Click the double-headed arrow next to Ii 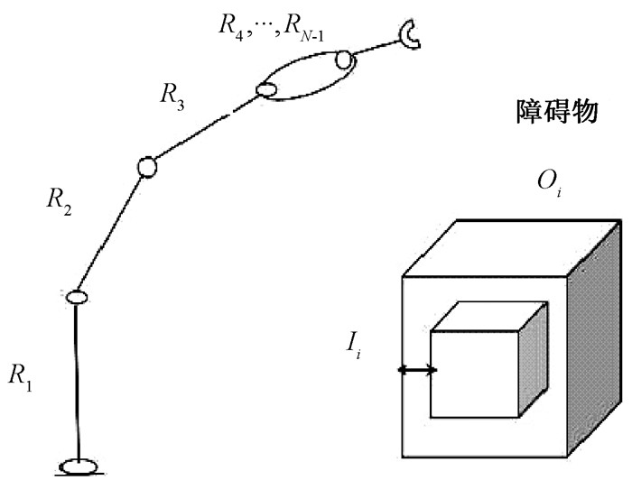[418, 369]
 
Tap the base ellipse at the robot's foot [81, 466]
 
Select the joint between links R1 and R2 [77, 296]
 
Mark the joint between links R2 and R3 [147, 166]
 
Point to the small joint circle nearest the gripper [344, 60]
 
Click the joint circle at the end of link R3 [265, 89]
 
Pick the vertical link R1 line [79, 379]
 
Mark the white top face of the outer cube [506, 245]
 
